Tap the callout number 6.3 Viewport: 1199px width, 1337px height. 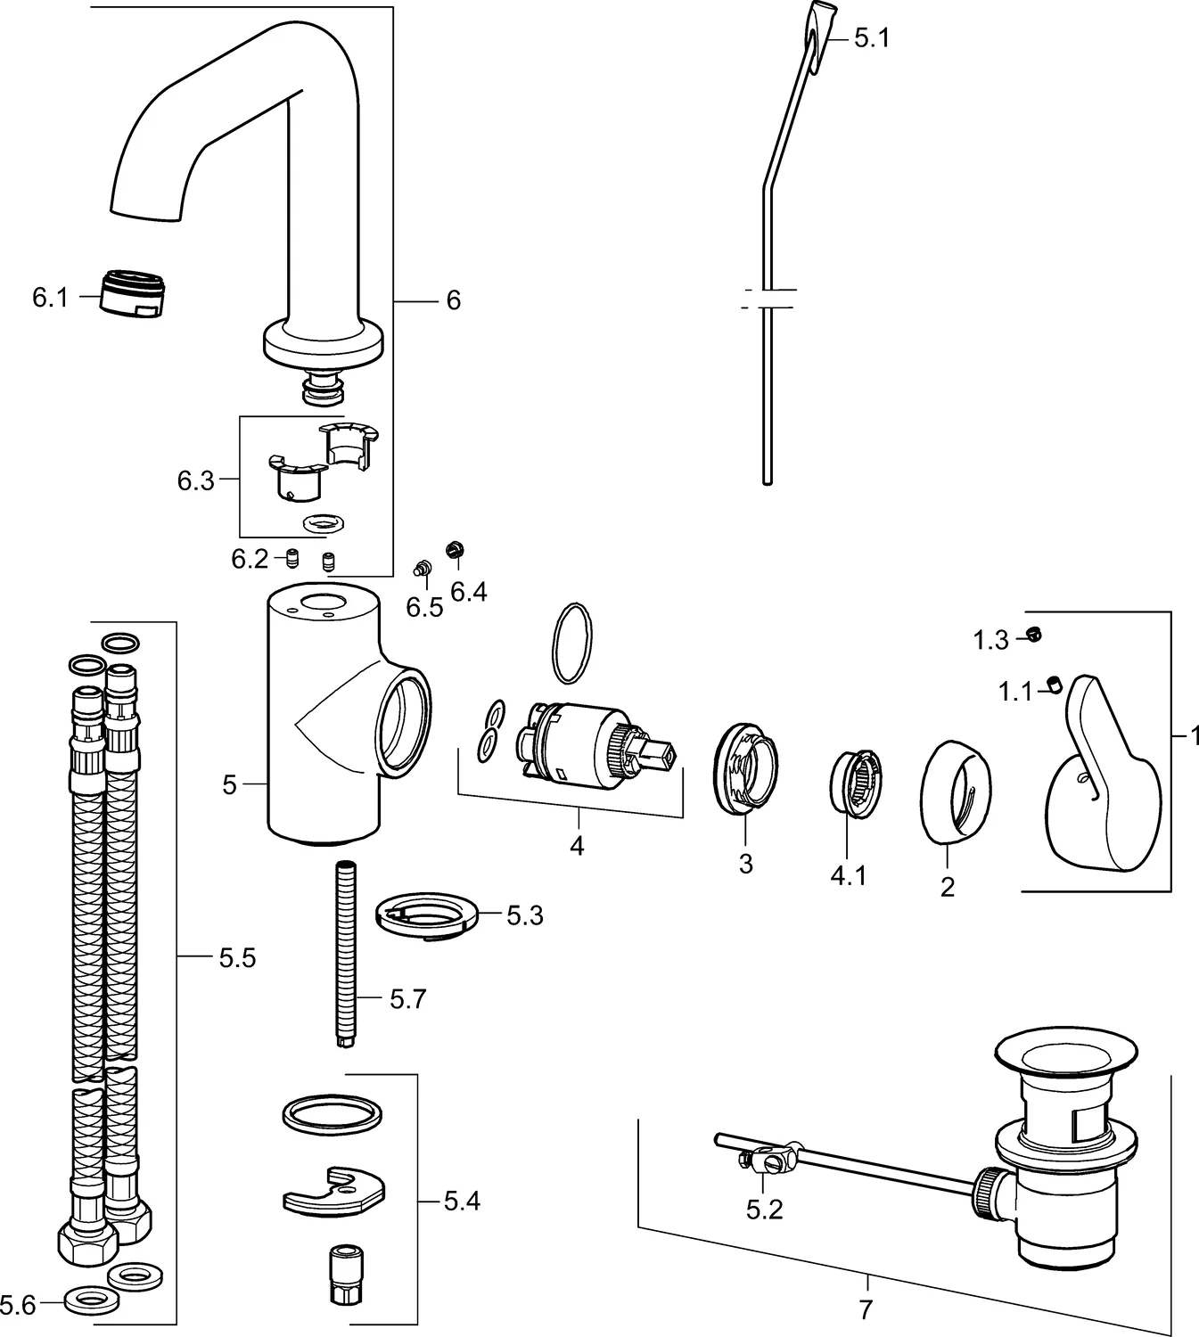click(195, 480)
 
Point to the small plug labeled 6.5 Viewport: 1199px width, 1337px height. click(423, 567)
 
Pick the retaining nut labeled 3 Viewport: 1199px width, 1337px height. click(746, 766)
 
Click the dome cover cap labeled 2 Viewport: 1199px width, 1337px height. click(952, 790)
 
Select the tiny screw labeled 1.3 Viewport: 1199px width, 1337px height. click(1034, 635)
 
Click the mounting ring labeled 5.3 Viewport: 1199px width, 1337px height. click(428, 917)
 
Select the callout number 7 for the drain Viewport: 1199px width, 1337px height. click(865, 1309)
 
